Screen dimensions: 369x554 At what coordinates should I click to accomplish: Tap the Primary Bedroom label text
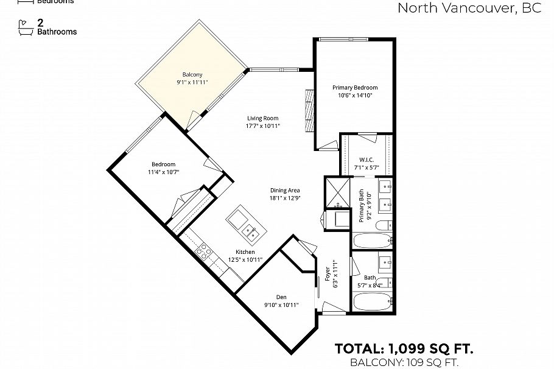(x=354, y=88)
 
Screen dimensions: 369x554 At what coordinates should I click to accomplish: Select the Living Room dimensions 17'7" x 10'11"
(x=263, y=126)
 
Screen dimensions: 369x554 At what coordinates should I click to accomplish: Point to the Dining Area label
(x=285, y=190)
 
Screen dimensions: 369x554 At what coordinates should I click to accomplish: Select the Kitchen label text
(x=245, y=252)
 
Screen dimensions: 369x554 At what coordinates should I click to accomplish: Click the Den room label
(x=281, y=297)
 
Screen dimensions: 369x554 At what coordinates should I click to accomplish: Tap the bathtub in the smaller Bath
(x=372, y=301)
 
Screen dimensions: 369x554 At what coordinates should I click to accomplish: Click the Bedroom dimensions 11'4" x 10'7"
(x=163, y=172)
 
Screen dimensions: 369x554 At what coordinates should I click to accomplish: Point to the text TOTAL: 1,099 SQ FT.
(x=404, y=349)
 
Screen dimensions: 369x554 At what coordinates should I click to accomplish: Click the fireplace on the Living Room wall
(x=309, y=110)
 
